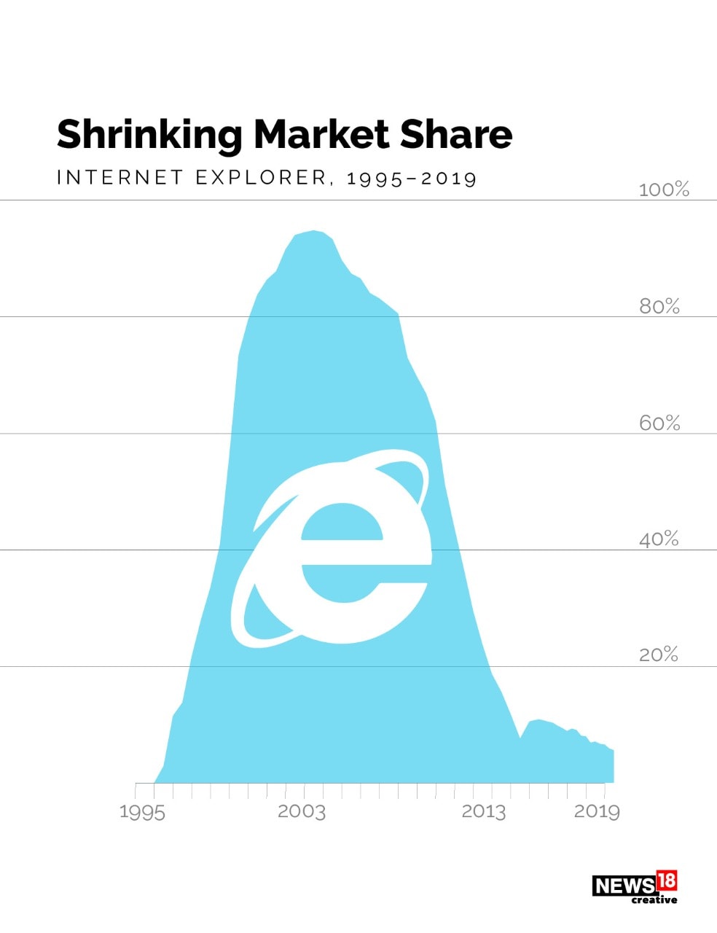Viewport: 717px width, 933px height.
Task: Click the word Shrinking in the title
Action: [x=149, y=136]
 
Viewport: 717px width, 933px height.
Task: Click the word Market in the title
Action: [x=321, y=134]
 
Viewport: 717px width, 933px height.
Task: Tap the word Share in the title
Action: [x=455, y=134]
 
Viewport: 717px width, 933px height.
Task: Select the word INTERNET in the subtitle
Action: [x=119, y=177]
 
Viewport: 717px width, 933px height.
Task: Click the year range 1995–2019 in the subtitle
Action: [x=411, y=178]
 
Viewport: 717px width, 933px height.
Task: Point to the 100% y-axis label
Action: [x=663, y=190]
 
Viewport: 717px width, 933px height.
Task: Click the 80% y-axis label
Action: [x=659, y=306]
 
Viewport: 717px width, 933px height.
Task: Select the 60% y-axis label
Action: [x=659, y=423]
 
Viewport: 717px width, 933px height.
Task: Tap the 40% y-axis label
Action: [x=659, y=539]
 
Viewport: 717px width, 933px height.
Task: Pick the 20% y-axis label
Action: [x=658, y=655]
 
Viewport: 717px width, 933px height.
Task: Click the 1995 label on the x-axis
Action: [x=142, y=812]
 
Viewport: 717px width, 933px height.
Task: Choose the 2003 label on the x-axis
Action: [x=301, y=811]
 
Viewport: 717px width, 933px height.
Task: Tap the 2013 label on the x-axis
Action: [x=483, y=811]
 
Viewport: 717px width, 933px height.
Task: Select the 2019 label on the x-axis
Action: [x=596, y=811]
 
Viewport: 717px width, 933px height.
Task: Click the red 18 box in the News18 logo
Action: [x=666, y=881]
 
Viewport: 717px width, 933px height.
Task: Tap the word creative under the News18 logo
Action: [x=654, y=900]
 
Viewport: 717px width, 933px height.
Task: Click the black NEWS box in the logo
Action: [x=623, y=886]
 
